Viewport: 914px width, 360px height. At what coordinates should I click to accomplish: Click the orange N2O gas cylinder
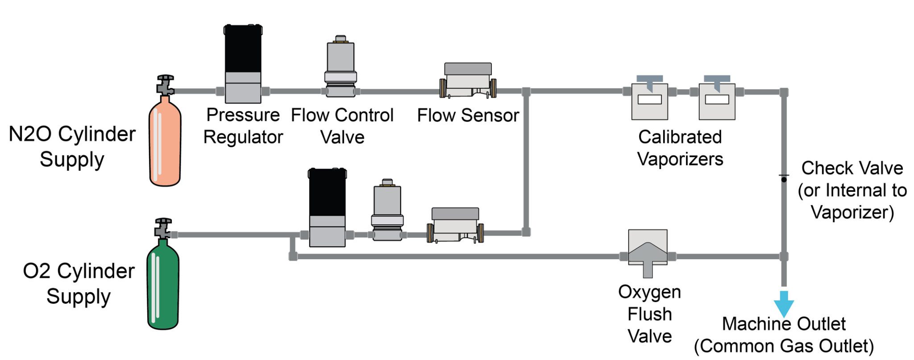coord(165,143)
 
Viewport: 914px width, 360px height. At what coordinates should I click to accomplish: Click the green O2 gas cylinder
coord(163,286)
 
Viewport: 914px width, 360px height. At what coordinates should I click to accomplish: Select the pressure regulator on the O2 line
coord(327,207)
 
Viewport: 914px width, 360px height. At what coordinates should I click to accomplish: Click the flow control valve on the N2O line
coord(341,67)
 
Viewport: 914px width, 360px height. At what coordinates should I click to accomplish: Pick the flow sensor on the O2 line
coord(455,226)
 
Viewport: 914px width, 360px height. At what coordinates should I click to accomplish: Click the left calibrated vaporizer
coord(649,100)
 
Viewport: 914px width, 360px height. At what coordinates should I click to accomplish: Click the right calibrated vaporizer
coord(717,100)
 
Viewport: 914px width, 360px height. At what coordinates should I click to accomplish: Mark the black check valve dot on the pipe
coord(784,179)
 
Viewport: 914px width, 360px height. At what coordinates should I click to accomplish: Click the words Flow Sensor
coord(468,116)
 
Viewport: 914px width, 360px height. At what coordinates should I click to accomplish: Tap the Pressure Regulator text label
coord(243,126)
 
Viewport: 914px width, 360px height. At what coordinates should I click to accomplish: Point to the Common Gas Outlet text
coord(784,346)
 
